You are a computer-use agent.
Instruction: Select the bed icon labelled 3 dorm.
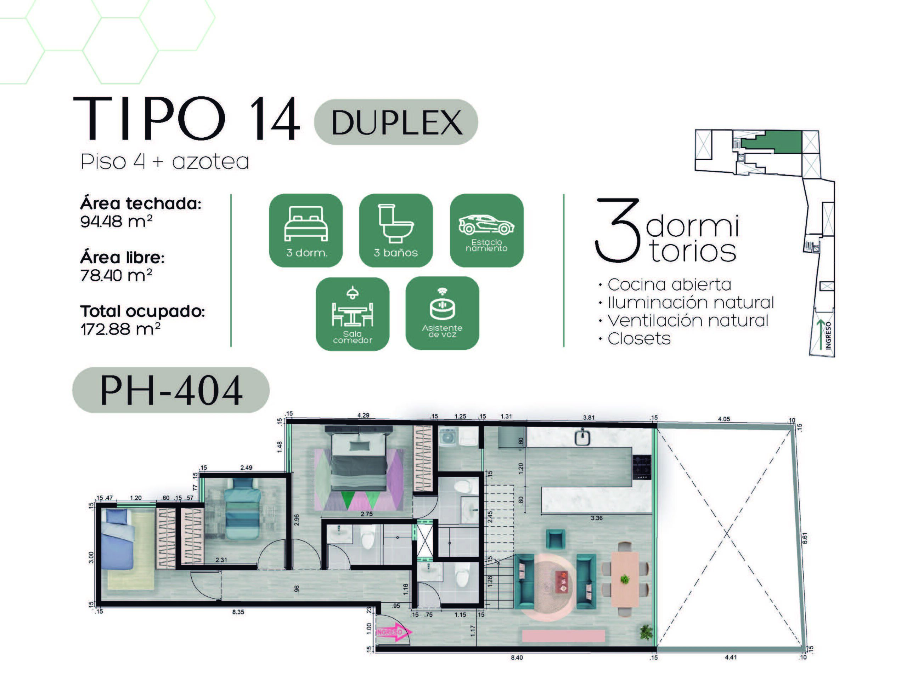(306, 223)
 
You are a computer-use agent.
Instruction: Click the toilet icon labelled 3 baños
(395, 223)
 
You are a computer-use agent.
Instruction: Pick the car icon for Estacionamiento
(486, 224)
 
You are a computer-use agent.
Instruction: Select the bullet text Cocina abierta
(669, 285)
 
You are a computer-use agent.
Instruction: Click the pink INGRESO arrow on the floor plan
(394, 632)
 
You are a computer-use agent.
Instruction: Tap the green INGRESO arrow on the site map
(821, 335)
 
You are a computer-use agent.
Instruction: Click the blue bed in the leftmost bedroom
(118, 539)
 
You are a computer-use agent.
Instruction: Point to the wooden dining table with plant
(625, 579)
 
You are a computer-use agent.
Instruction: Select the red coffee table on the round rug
(561, 582)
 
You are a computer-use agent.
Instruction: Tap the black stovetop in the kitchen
(642, 467)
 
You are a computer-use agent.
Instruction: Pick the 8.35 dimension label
(238, 612)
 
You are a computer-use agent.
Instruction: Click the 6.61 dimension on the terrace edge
(805, 538)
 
